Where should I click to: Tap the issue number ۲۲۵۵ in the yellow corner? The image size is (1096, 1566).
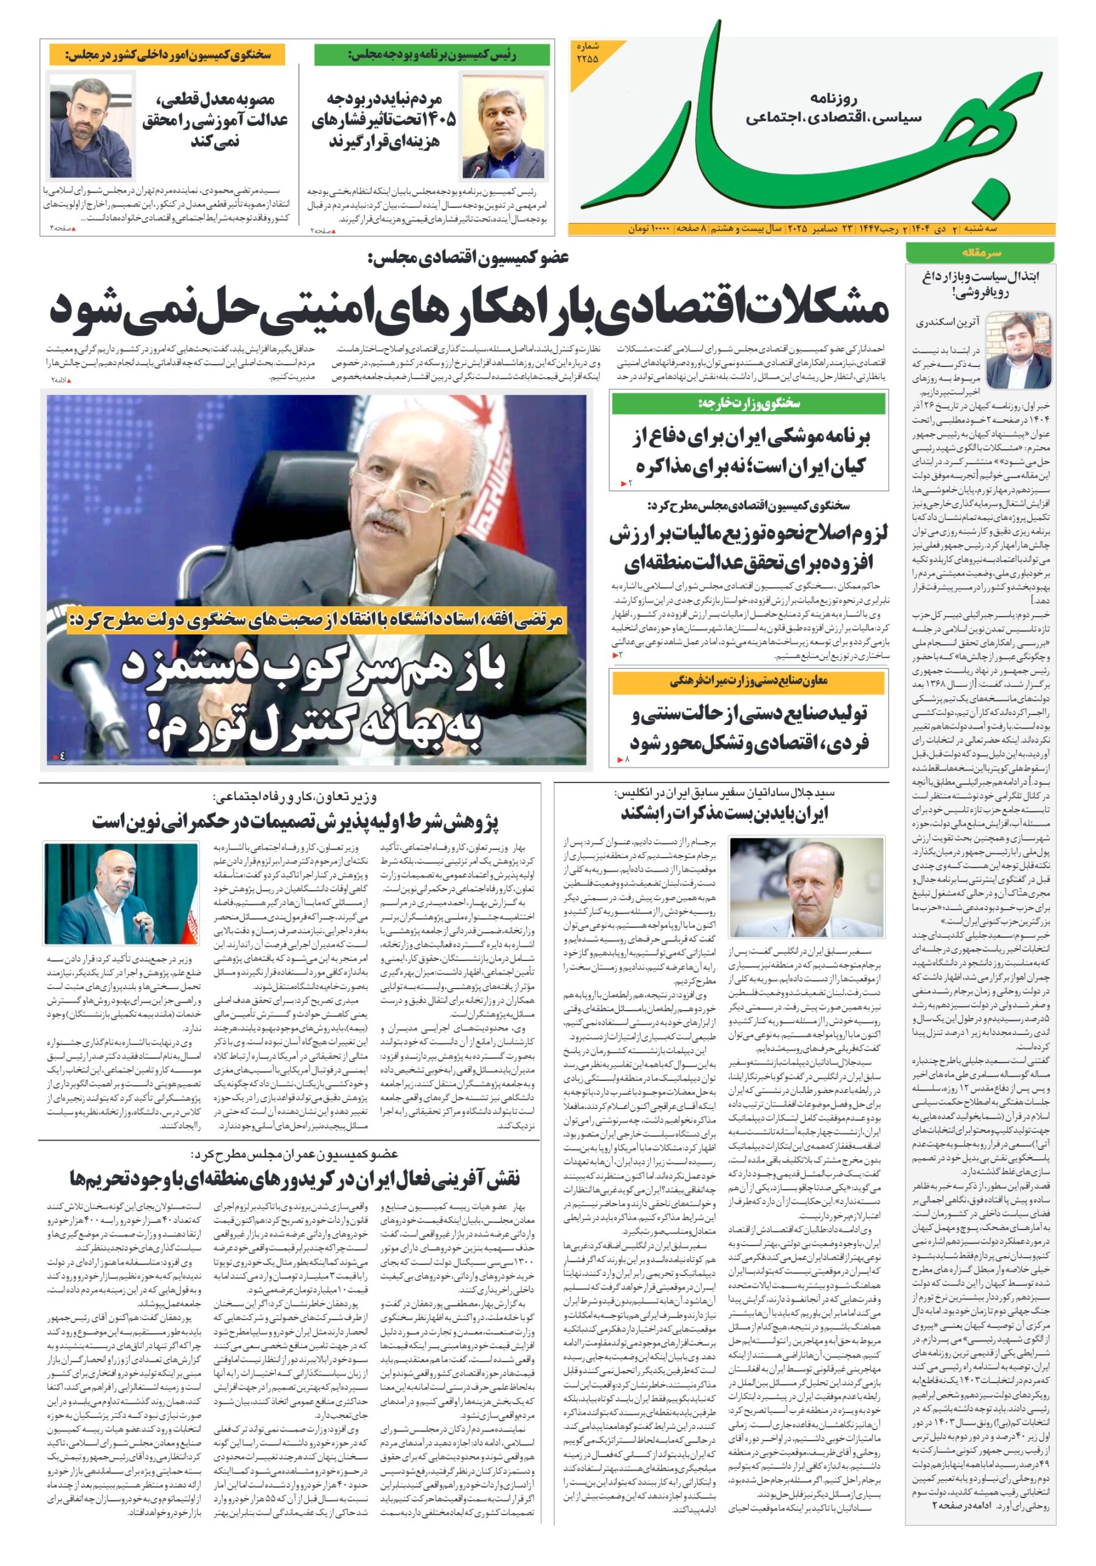click(587, 53)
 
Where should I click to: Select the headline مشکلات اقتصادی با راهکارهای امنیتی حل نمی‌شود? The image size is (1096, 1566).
click(469, 309)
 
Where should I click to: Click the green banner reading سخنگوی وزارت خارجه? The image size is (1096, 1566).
click(748, 404)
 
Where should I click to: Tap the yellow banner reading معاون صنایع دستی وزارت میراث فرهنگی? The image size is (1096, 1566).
click(748, 682)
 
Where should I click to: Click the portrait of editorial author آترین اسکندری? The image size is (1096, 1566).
click(1018, 350)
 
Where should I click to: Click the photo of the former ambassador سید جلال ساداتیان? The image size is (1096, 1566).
click(805, 886)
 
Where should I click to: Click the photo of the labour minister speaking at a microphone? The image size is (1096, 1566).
click(120, 893)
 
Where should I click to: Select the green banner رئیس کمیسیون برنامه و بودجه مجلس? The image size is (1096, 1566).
click(432, 54)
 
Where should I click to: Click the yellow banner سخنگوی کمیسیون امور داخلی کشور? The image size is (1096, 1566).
click(168, 54)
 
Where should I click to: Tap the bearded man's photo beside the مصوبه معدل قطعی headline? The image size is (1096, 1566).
click(91, 125)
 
